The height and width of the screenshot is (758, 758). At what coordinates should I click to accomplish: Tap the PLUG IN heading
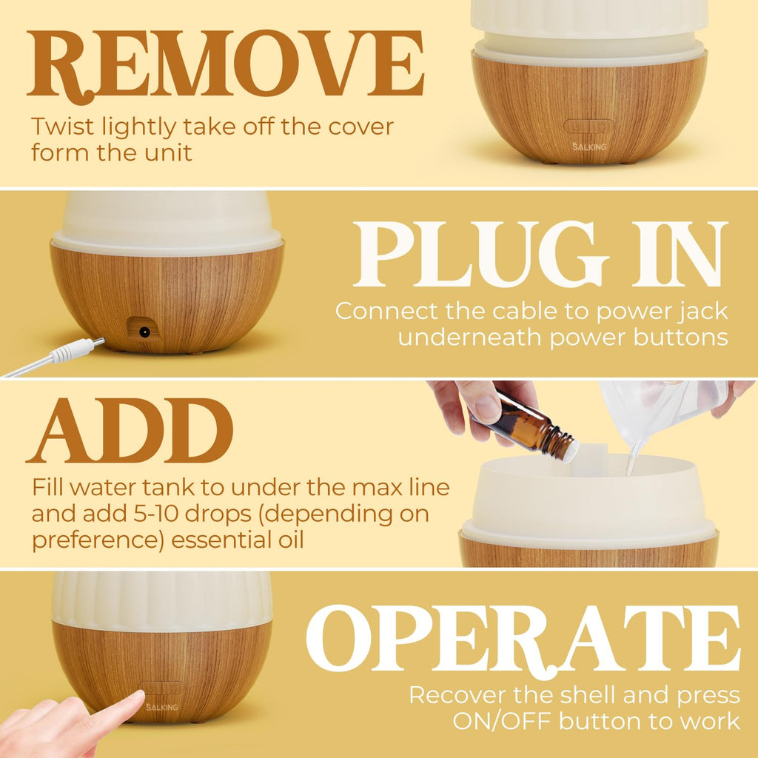pos(540,255)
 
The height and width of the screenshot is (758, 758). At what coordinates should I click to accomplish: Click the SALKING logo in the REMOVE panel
pos(589,147)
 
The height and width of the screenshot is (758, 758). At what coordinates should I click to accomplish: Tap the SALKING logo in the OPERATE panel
pos(161,707)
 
